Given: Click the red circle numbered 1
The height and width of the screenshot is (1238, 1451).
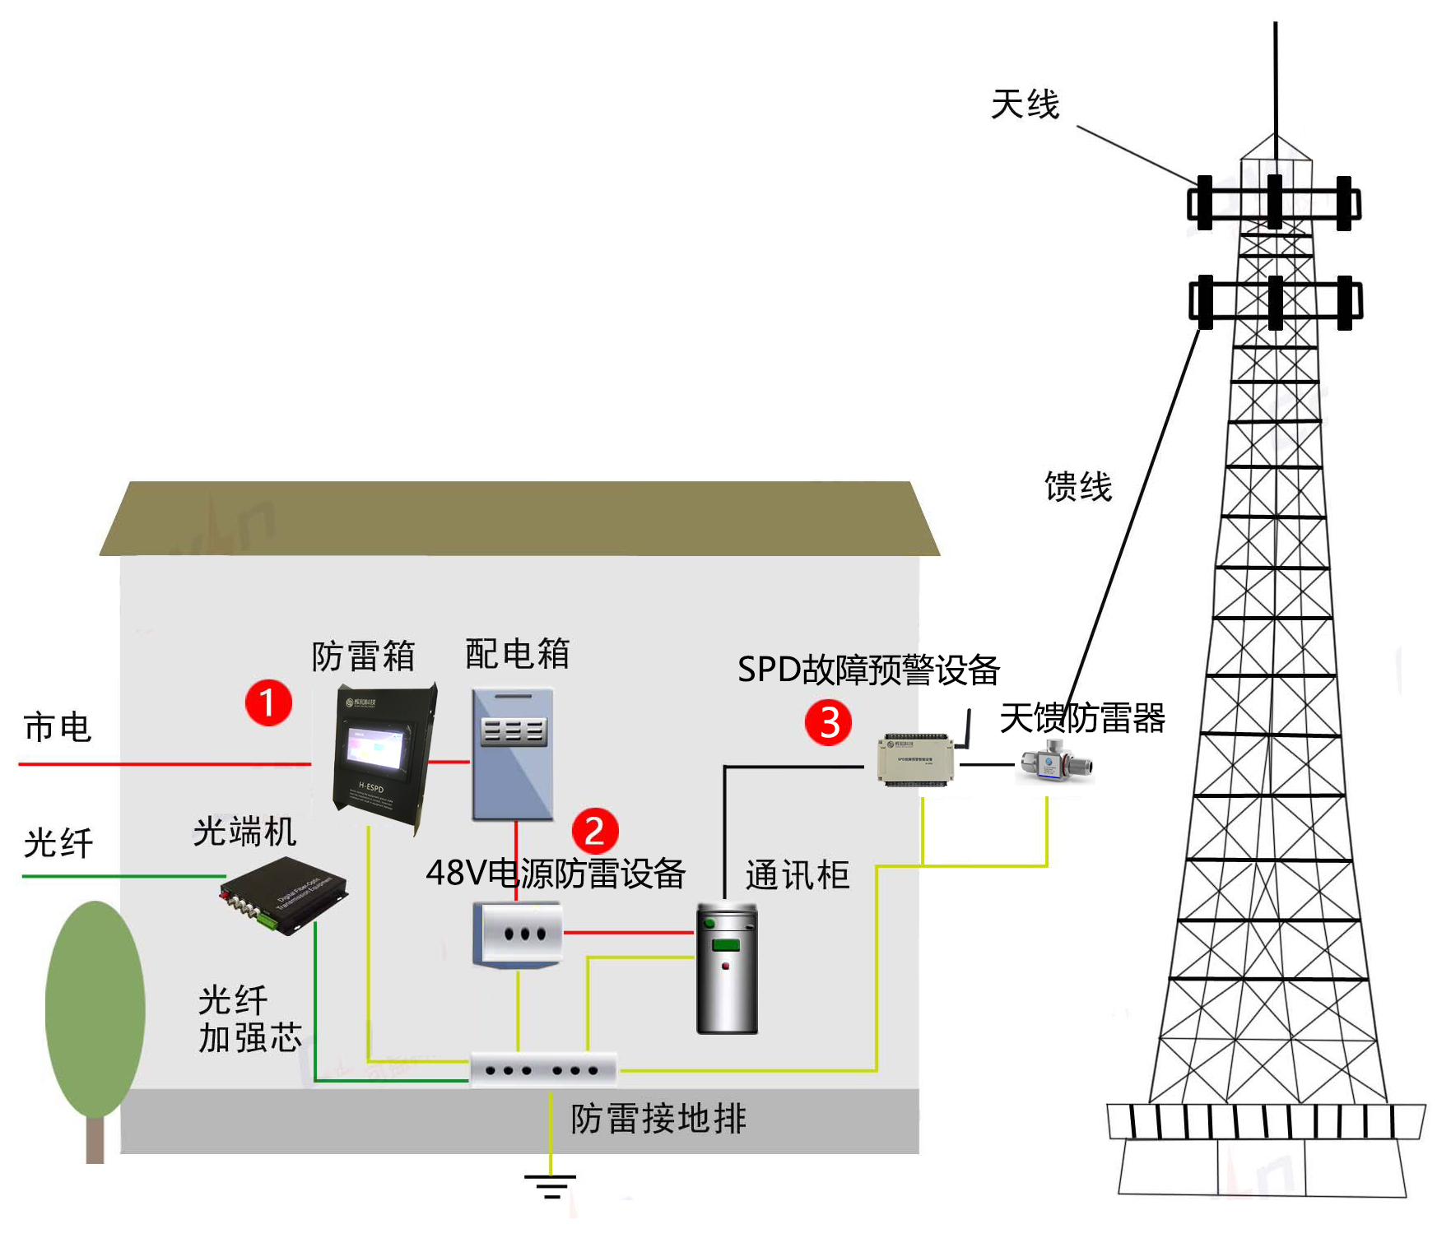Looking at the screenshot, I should (x=268, y=702).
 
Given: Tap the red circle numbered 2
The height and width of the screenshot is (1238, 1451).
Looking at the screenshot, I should (x=594, y=831).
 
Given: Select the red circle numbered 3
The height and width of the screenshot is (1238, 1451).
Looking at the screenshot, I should (x=828, y=722).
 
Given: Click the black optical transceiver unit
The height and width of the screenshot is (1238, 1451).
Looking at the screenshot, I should (x=283, y=894).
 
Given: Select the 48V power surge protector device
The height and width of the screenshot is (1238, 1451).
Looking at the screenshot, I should (x=518, y=934).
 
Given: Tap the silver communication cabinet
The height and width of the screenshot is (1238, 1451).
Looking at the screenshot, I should (x=727, y=968).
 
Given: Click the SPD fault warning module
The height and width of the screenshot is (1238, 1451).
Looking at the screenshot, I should (x=915, y=758).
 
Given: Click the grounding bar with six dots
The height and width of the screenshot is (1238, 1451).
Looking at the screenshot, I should (x=543, y=1070).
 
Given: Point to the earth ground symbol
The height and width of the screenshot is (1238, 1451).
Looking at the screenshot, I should (x=551, y=1186).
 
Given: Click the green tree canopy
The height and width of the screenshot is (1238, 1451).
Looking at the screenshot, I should (x=95, y=1008).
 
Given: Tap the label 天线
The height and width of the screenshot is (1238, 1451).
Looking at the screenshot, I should (x=1025, y=105).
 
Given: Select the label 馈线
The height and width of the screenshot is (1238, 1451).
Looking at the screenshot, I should (x=1078, y=487).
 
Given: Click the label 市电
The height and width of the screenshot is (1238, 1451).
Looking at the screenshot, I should (x=57, y=728).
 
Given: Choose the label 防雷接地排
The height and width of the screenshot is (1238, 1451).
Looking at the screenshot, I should (x=658, y=1119).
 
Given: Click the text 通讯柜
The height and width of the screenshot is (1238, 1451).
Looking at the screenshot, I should (x=797, y=875).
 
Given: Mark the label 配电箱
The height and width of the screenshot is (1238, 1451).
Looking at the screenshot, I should (x=517, y=654).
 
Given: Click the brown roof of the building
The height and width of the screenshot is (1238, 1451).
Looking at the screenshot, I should (x=519, y=518).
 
